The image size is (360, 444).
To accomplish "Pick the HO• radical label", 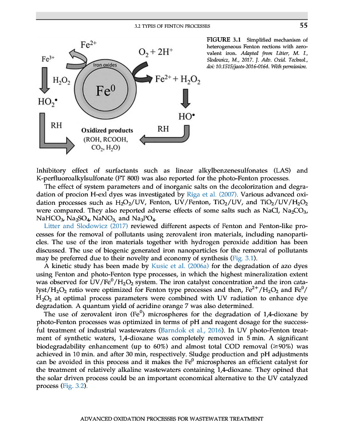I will click(x=186, y=117).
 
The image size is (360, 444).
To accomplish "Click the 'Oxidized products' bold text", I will click(x=106, y=130).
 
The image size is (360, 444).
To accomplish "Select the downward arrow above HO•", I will click(x=186, y=99).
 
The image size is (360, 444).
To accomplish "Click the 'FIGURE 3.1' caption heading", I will click(x=224, y=40).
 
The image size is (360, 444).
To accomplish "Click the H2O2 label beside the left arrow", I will click(x=61, y=81).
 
